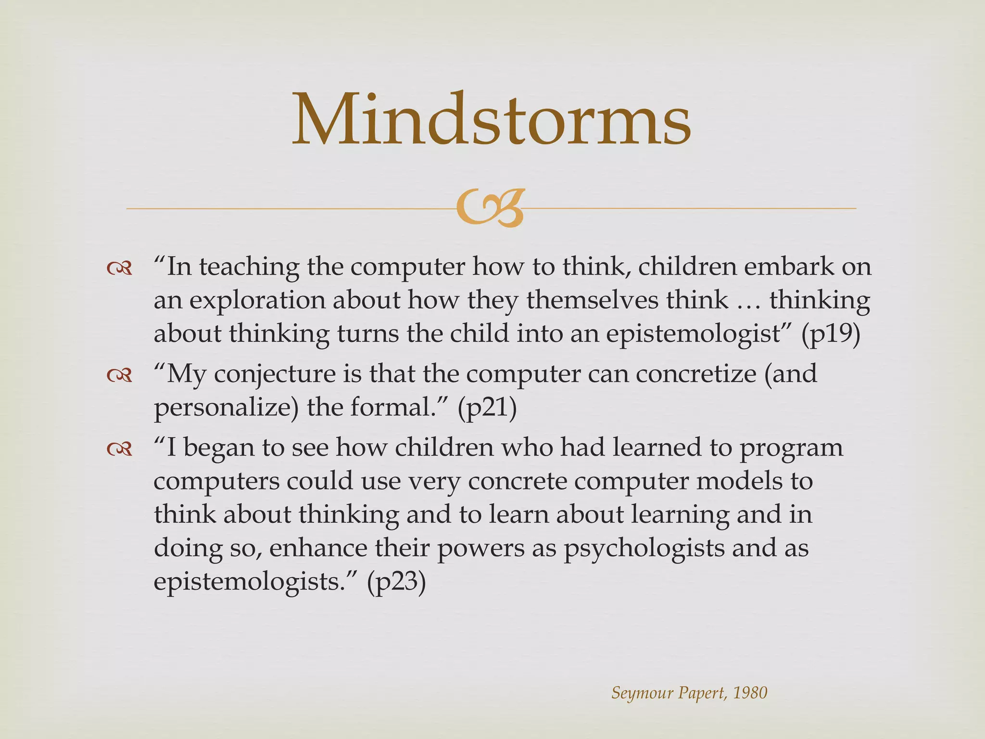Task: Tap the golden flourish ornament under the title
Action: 490,208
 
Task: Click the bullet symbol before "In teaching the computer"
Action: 119,269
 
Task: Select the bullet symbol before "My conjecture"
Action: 119,375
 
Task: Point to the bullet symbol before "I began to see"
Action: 119,449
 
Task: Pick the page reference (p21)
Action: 487,408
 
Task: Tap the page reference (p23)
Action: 396,583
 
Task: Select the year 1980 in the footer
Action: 750,693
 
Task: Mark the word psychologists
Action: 644,549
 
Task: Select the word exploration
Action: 257,301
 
